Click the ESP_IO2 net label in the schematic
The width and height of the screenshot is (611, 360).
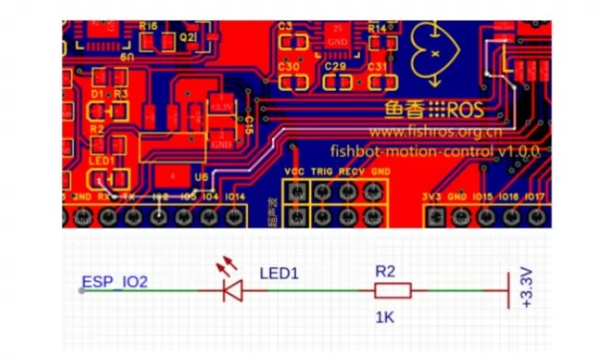coord(115,282)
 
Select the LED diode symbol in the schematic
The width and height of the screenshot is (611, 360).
coord(231,289)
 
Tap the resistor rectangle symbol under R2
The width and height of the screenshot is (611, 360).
coord(392,290)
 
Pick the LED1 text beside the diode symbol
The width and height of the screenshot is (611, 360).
coord(280,273)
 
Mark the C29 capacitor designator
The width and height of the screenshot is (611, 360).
coord(335,67)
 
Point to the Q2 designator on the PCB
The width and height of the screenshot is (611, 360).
coord(189,36)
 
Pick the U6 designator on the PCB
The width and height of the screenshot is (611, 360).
coord(199,176)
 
